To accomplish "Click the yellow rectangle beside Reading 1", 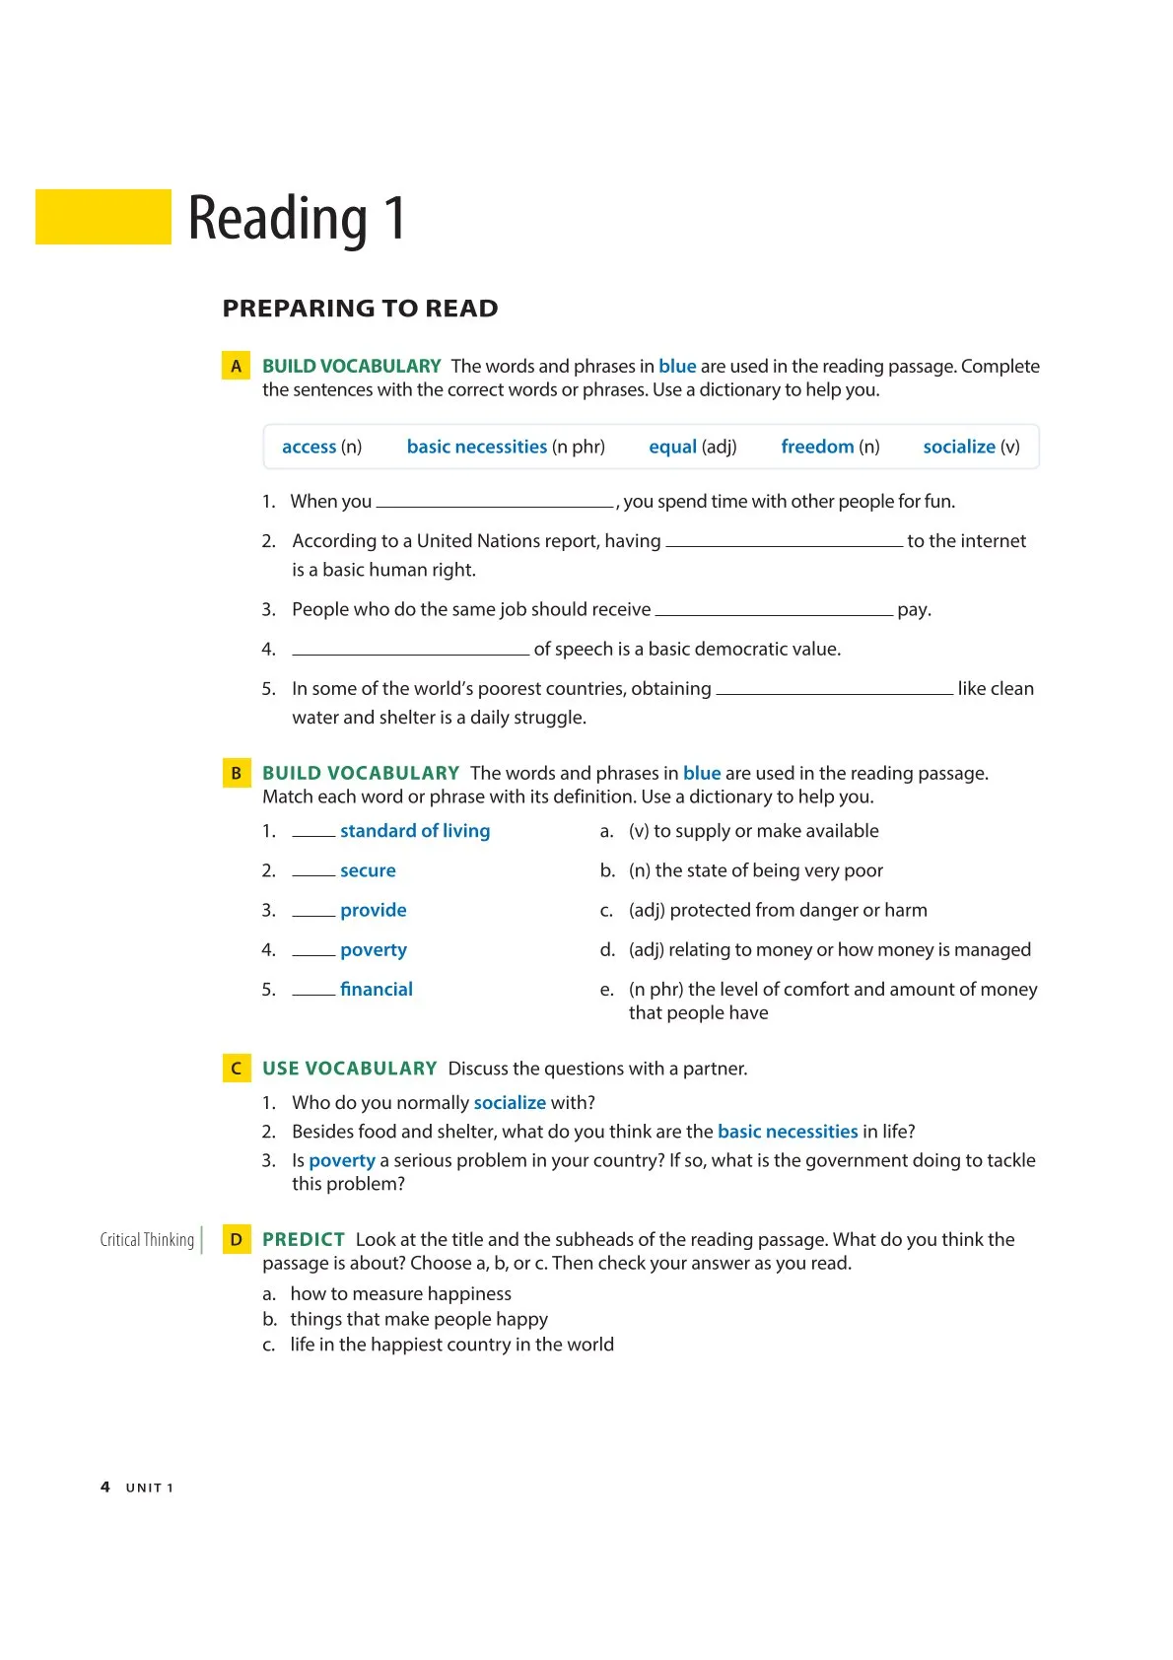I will click(x=103, y=217).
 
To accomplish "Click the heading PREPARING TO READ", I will click(x=360, y=309).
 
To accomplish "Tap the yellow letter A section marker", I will click(x=236, y=367).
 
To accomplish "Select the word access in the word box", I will click(x=309, y=447).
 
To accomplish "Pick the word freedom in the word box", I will click(x=817, y=447).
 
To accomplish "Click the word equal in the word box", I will click(x=672, y=447).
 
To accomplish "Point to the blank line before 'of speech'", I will click(x=410, y=651).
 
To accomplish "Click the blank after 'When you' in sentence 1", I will click(x=495, y=504).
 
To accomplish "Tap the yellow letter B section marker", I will click(x=236, y=774).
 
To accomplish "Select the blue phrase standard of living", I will click(x=415, y=831).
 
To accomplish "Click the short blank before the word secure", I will click(x=313, y=873).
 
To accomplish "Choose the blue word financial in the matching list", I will click(x=377, y=990).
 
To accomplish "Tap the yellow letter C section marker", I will click(x=236, y=1069).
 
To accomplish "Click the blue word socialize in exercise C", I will click(x=510, y=1103).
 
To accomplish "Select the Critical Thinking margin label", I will click(x=147, y=1240).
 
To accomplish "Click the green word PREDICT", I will click(x=304, y=1240).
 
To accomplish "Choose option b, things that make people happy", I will click(x=418, y=1319).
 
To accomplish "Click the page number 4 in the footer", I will click(x=105, y=1487).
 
